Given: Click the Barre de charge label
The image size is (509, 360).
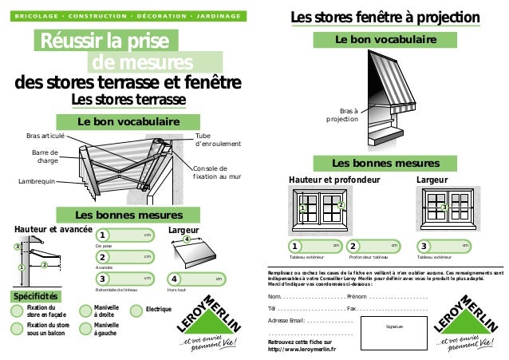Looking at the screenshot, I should (x=45, y=156).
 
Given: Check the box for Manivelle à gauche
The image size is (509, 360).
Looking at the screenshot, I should (x=86, y=329).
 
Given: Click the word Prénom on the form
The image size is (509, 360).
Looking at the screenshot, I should (x=359, y=297).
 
